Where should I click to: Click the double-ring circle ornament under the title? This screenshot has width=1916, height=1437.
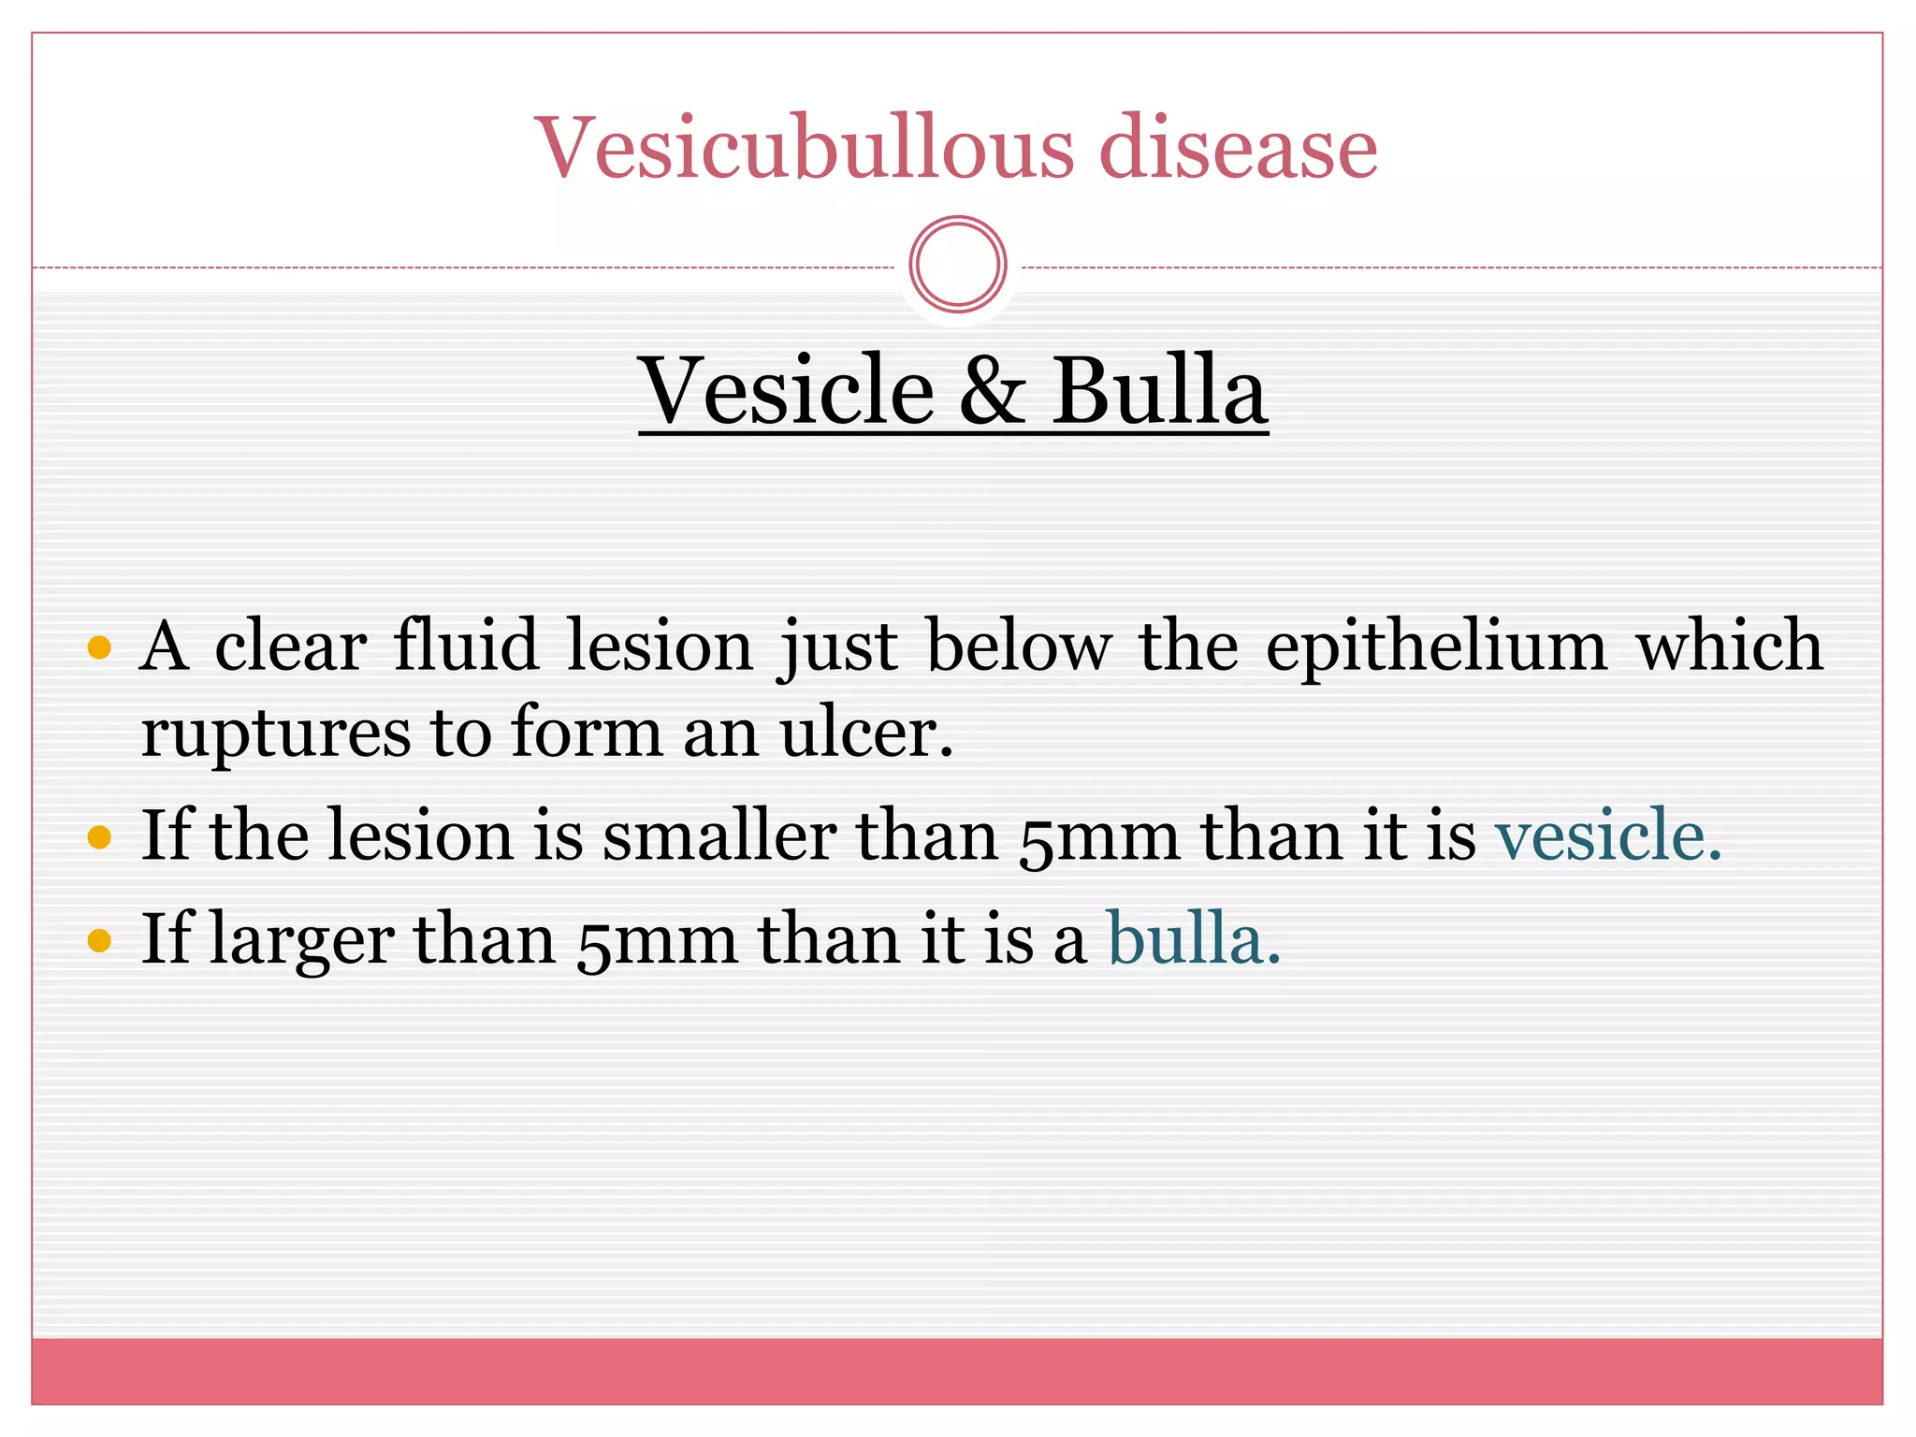pos(957,265)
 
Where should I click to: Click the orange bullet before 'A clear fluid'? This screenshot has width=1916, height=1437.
pos(99,647)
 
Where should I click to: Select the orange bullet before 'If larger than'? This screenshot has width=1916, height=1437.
pos(99,939)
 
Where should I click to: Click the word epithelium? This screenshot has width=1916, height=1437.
pos(1436,647)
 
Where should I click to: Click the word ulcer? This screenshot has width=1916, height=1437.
pos(866,733)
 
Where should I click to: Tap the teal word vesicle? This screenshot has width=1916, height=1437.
pos(1607,835)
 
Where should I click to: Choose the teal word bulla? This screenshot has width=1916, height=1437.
pos(1193,939)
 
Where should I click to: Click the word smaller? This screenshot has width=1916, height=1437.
pos(719,835)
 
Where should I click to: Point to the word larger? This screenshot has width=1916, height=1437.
pos(301,941)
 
